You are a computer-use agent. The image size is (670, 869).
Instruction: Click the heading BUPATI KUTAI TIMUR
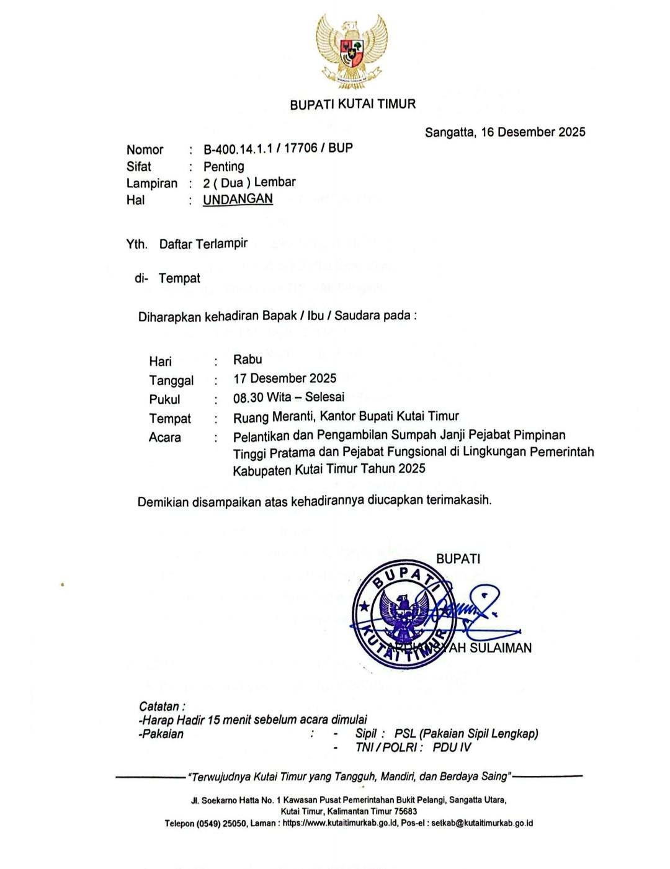(x=352, y=104)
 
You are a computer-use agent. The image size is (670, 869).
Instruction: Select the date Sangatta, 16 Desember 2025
(x=505, y=132)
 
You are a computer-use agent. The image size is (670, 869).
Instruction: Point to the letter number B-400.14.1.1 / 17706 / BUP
(x=278, y=149)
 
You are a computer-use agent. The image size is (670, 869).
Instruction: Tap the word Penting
(x=223, y=166)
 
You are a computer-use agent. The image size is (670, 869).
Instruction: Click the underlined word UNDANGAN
(x=238, y=199)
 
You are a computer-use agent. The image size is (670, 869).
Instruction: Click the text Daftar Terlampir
(x=203, y=244)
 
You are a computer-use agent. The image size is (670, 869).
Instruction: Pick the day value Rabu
(x=248, y=359)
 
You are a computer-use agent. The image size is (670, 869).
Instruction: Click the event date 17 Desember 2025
(x=285, y=378)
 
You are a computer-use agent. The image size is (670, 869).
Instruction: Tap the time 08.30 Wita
(x=262, y=397)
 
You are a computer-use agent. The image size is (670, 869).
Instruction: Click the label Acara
(x=165, y=437)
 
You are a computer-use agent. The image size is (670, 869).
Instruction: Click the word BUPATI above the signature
(x=458, y=559)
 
